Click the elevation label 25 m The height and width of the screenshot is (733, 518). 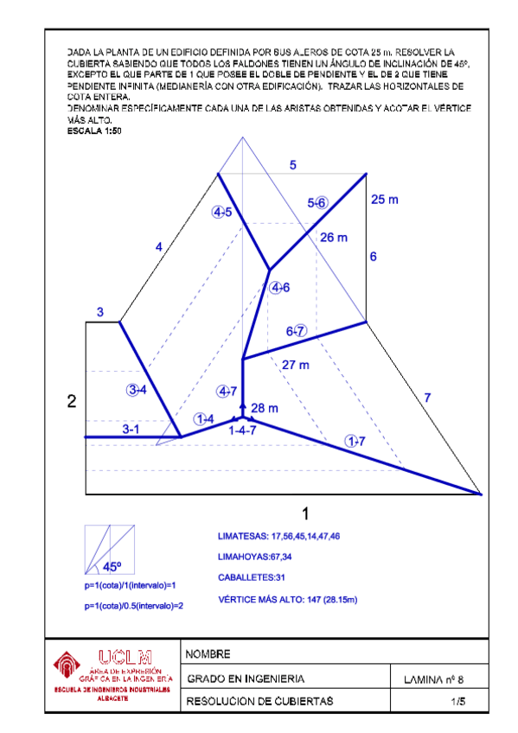(384, 200)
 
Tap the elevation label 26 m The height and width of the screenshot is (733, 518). (333, 237)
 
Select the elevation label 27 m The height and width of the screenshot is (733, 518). (295, 365)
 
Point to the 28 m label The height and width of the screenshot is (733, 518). (264, 408)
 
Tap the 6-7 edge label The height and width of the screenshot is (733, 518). (296, 331)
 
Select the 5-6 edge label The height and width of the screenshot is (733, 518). (317, 202)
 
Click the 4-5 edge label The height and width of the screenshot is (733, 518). (222, 213)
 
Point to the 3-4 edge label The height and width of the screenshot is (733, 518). (137, 391)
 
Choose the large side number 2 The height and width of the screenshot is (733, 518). (72, 401)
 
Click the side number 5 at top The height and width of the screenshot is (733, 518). (293, 165)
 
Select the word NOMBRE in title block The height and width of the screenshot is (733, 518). (209, 653)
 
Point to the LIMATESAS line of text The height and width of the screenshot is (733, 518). (278, 537)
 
